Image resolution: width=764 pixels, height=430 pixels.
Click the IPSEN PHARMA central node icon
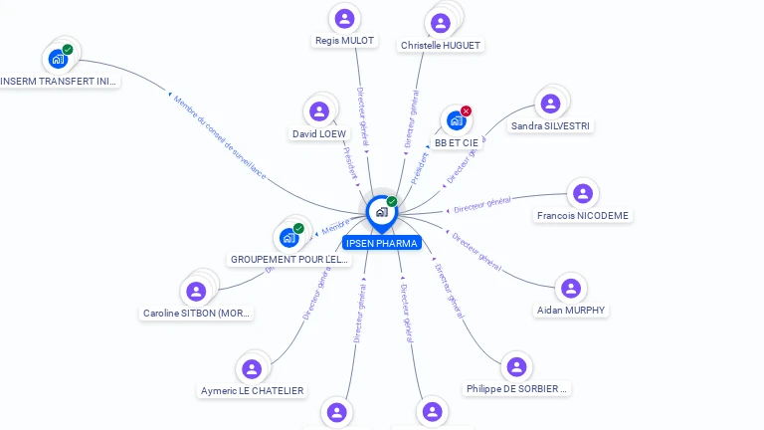pos(381,212)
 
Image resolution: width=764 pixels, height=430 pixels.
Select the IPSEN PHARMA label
pos(381,243)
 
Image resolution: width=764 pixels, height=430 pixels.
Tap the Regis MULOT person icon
pos(344,18)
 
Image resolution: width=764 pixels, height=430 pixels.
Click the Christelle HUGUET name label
pos(441,46)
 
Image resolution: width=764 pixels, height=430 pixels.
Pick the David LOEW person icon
pos(319,111)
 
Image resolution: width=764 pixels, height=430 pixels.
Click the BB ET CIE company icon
pos(456,121)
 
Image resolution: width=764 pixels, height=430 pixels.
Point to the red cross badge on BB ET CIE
pos(466,111)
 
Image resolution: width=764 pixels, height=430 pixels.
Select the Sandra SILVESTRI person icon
pos(549,104)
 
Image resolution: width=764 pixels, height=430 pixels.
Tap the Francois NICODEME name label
pos(583,215)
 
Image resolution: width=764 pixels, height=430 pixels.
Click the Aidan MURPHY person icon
pos(570,288)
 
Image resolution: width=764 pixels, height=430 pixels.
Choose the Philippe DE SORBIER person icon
pos(516,366)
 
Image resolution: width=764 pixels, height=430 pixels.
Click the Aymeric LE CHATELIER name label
pos(252,391)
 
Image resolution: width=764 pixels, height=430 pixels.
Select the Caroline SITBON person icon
pos(196,291)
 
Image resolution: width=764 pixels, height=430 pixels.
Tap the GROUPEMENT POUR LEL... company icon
pos(288,237)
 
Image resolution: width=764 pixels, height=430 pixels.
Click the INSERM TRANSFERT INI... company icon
pos(58,59)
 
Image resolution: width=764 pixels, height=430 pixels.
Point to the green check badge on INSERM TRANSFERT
pos(68,49)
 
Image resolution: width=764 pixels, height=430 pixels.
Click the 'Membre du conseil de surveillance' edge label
pos(220,136)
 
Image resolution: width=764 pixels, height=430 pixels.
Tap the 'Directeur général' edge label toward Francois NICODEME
pos(481,205)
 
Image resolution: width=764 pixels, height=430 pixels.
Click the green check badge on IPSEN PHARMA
pos(392,202)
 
